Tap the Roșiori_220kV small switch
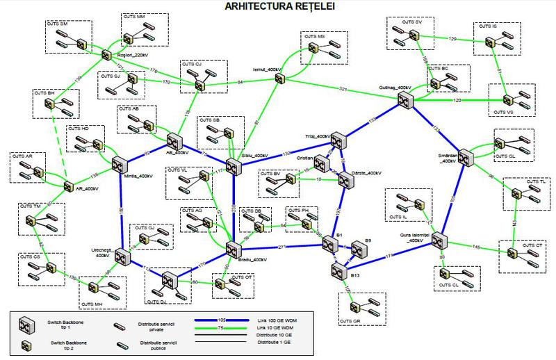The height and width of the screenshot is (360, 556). tap(106, 54)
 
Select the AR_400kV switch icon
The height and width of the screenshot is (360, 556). tap(68, 186)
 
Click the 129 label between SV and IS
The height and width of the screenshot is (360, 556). tap(452, 38)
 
